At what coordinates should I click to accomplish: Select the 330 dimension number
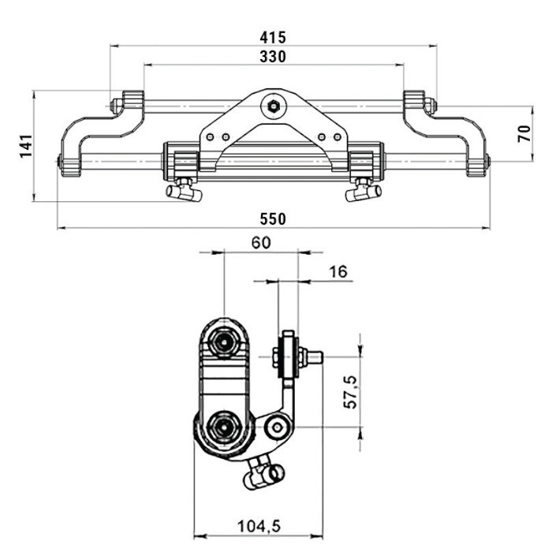(x=273, y=57)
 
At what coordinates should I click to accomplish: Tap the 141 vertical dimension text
(x=25, y=146)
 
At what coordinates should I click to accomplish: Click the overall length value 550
(x=273, y=218)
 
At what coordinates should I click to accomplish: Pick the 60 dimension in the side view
(x=261, y=242)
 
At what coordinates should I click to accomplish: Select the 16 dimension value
(x=338, y=272)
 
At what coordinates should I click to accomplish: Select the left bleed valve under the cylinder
(x=184, y=190)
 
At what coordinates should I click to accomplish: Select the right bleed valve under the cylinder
(x=362, y=190)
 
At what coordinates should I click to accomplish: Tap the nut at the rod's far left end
(x=60, y=162)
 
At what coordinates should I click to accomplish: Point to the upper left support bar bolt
(x=116, y=104)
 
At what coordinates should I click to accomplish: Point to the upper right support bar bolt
(x=430, y=104)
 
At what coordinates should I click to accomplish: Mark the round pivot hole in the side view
(x=277, y=427)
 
